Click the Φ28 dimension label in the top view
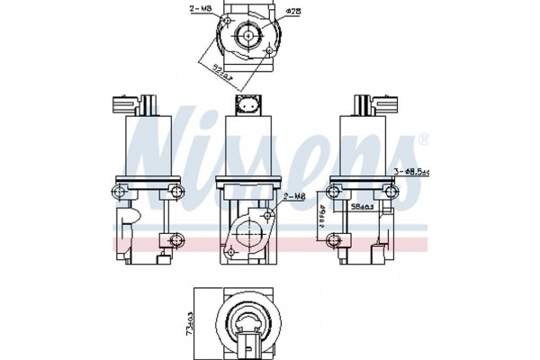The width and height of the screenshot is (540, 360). click(x=294, y=12)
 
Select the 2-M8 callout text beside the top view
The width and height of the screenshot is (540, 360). click(x=201, y=10)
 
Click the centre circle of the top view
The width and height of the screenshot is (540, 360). click(x=247, y=37)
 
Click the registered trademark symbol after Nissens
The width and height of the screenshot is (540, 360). click(x=423, y=139)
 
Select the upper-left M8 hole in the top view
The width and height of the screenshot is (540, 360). click(x=225, y=21)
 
